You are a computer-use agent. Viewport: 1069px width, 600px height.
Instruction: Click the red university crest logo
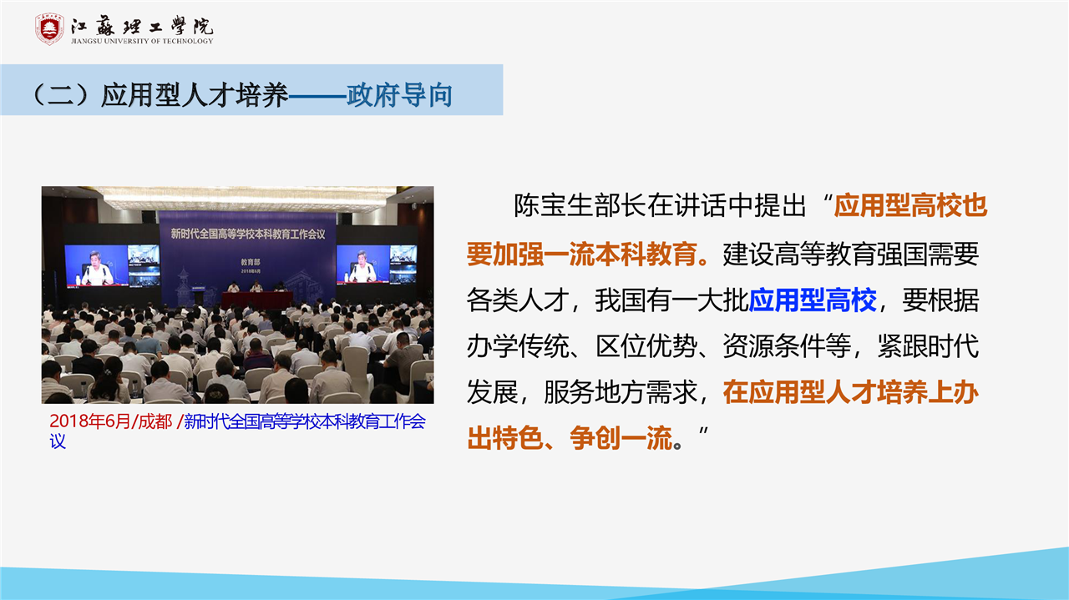pyautogui.click(x=49, y=29)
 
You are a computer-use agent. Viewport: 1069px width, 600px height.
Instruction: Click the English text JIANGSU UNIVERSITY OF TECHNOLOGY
pyautogui.click(x=142, y=41)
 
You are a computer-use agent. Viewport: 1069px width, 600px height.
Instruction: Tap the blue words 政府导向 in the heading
pyautogui.click(x=399, y=95)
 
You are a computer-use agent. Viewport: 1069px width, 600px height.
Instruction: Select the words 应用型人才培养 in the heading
pyautogui.click(x=195, y=95)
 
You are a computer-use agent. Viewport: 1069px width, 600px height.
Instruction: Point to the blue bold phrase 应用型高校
pyautogui.click(x=813, y=300)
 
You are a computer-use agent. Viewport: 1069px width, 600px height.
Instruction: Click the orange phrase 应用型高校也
pyautogui.click(x=910, y=205)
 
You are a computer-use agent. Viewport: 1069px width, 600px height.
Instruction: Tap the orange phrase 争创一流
pyautogui.click(x=621, y=438)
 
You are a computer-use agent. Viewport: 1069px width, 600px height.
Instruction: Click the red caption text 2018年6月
pyautogui.click(x=89, y=421)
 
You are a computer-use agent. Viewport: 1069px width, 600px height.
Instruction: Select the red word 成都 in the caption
pyautogui.click(x=155, y=421)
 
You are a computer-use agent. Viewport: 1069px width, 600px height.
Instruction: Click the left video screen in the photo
pyautogui.click(x=113, y=265)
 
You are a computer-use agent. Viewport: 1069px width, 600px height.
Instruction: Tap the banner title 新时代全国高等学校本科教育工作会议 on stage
pyautogui.click(x=248, y=234)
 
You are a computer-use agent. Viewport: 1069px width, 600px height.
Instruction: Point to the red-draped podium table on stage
pyautogui.click(x=256, y=300)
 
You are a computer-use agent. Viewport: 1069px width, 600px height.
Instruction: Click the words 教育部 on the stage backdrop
pyautogui.click(x=250, y=262)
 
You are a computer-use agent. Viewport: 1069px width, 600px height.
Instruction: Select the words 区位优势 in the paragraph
pyautogui.click(x=646, y=345)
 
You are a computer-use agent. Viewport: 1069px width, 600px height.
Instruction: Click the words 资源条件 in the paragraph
pyautogui.click(x=773, y=345)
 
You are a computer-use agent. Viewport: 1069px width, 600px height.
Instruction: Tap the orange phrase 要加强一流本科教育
pyautogui.click(x=582, y=254)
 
